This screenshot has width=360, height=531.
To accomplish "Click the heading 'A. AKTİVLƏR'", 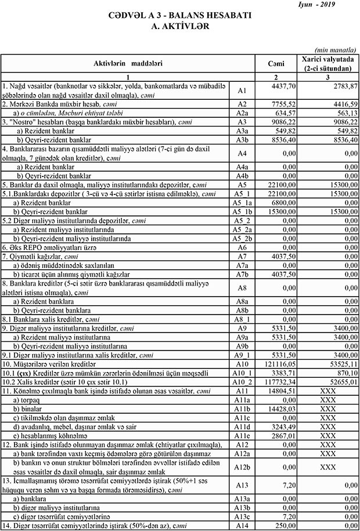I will (180, 27).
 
